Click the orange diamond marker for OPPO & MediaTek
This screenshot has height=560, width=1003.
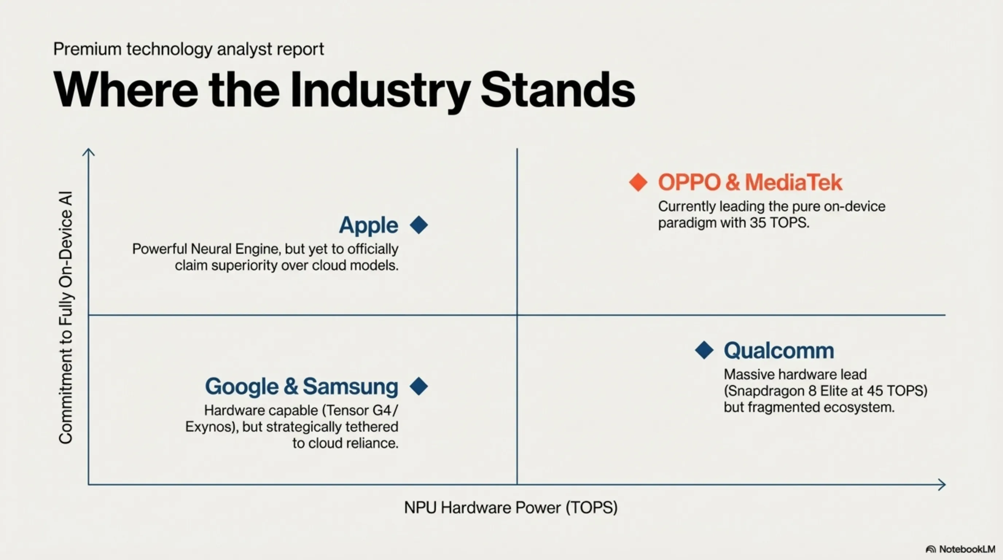(x=638, y=182)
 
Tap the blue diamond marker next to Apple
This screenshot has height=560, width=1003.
(x=419, y=225)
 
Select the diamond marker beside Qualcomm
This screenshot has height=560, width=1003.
(x=704, y=350)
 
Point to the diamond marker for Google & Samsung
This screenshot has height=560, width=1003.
(x=419, y=386)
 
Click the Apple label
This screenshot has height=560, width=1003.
(x=368, y=225)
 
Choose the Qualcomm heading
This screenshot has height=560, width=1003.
(x=779, y=350)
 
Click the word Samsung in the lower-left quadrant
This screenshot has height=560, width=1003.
(x=350, y=386)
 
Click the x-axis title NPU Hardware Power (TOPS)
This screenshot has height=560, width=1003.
(x=511, y=507)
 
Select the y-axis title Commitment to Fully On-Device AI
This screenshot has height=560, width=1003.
(x=65, y=318)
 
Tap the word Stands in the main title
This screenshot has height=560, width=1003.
(x=558, y=90)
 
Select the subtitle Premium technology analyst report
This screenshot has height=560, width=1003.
(x=188, y=49)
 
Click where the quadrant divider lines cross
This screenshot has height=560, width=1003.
(x=517, y=315)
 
